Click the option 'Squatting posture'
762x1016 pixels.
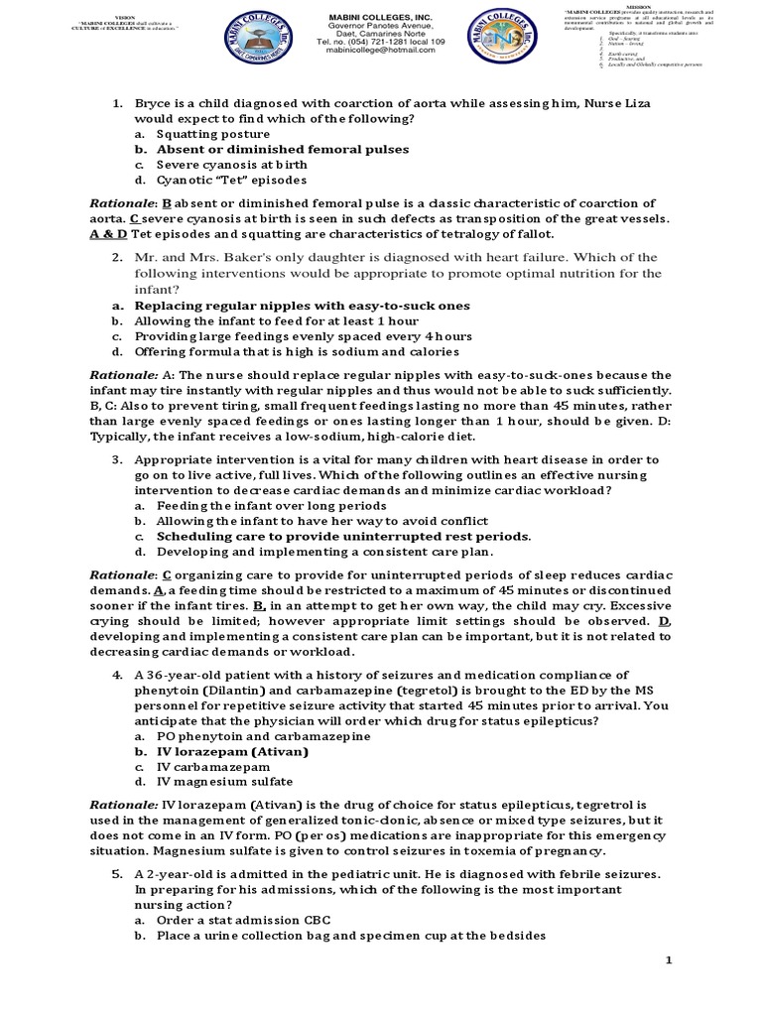click(x=212, y=133)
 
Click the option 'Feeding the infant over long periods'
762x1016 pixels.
click(x=258, y=505)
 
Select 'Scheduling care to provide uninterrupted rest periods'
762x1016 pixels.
click(x=343, y=536)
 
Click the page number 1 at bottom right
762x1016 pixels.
click(x=668, y=961)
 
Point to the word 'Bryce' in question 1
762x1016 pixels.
click(x=154, y=102)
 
